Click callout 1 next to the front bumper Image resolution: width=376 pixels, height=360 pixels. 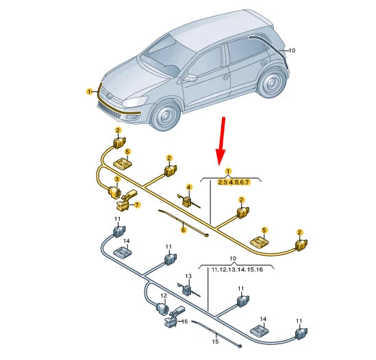(89, 91)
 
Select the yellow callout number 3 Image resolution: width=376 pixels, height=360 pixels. (117, 179)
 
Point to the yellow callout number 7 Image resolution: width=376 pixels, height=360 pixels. (137, 204)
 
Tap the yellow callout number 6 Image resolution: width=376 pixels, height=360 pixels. (183, 230)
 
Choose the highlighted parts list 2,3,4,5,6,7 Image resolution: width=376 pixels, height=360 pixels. (234, 182)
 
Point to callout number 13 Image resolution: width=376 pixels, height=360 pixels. (189, 276)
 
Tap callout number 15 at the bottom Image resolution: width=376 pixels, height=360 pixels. (215, 341)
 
